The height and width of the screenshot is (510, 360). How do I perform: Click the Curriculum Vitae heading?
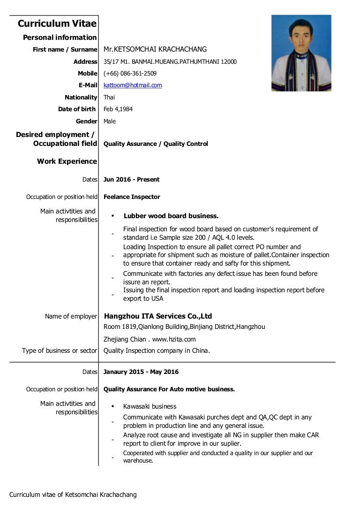(x=57, y=23)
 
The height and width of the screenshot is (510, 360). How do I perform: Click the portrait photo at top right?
(x=301, y=53)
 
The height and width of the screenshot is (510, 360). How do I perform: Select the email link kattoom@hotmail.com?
(x=133, y=85)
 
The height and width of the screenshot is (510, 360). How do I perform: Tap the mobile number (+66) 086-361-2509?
(x=130, y=74)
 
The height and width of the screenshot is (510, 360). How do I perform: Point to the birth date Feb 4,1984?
(x=118, y=109)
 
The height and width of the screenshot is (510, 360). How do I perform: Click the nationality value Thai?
(x=109, y=98)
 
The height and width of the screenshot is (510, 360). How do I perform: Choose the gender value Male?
(x=110, y=122)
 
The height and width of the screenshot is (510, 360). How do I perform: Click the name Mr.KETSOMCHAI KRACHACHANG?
(x=155, y=49)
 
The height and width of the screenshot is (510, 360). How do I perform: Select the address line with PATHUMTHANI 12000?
(x=170, y=61)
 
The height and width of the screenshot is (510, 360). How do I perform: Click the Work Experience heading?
(x=67, y=161)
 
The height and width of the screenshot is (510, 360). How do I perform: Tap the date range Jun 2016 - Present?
(x=131, y=180)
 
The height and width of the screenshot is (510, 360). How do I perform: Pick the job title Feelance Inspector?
(x=132, y=197)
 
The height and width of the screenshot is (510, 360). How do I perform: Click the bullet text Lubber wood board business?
(x=171, y=216)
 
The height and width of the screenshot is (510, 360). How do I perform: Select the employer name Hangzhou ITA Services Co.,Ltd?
(x=158, y=316)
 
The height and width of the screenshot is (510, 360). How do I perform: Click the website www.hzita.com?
(x=174, y=339)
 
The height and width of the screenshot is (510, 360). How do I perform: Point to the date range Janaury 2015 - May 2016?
(x=141, y=372)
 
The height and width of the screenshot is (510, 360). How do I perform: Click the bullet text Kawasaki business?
(x=150, y=406)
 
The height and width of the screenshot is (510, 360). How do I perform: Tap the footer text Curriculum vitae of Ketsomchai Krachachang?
(x=73, y=495)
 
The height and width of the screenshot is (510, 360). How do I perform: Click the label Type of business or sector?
(x=60, y=350)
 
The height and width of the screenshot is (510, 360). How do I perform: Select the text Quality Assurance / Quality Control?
(x=156, y=144)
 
